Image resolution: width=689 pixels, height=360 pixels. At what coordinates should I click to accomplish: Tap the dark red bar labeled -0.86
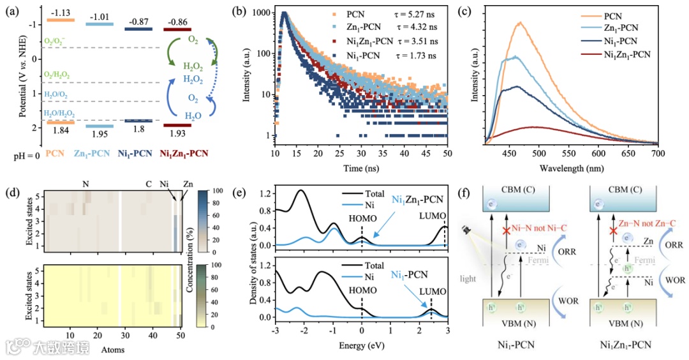178,29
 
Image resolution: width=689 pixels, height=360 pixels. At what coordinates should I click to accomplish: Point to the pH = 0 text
22,154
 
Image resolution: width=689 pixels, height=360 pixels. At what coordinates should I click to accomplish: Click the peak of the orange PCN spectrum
521,23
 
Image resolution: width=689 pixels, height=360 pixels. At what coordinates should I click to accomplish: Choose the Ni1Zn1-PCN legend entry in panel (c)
622,54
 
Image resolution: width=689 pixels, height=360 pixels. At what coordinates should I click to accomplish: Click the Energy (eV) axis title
360,349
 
